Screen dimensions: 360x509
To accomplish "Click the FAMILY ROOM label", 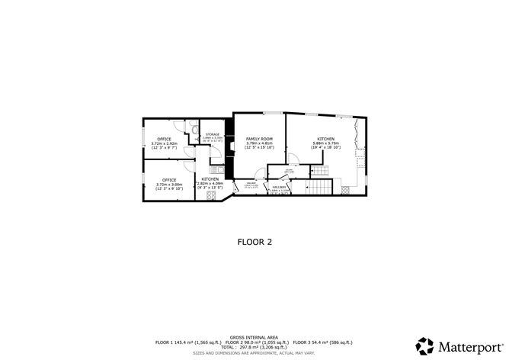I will pos(259,139).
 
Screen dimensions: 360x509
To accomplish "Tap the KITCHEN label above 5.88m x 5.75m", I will pos(325,139).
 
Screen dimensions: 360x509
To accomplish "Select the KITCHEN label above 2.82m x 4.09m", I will pos(210,179).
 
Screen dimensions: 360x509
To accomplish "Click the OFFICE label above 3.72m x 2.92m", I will pos(164,139).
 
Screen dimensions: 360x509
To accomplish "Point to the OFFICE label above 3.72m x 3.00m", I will pos(168,180).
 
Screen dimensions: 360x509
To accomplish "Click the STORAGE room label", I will pos(212,134).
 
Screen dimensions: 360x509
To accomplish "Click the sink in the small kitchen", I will pos(215,169).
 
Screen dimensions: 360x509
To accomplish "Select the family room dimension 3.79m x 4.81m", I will pos(259,143).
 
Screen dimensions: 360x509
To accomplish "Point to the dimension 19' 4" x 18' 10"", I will pos(325,147).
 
